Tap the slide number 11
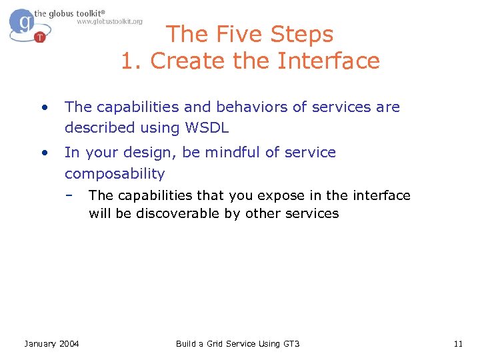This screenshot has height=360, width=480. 457,343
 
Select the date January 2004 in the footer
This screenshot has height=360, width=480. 51,343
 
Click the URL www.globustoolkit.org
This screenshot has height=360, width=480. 109,21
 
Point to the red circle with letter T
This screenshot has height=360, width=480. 40,37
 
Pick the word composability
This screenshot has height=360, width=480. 114,174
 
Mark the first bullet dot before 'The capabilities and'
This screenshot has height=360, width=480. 43,107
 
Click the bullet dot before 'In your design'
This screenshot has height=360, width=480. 43,152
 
